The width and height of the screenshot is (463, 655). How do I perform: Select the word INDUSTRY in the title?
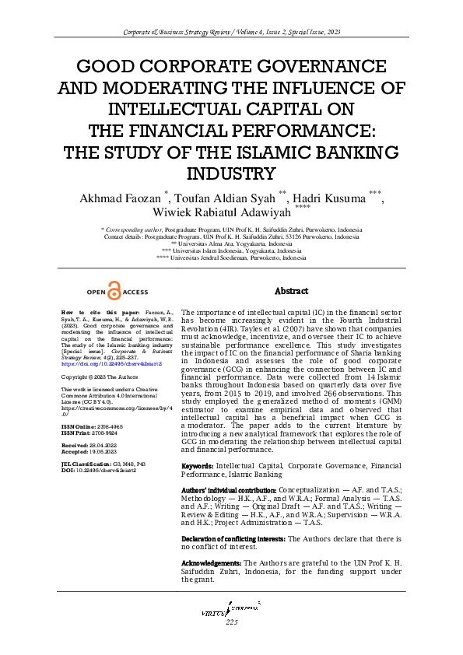(231, 173)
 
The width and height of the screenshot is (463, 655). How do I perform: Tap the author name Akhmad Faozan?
(127, 197)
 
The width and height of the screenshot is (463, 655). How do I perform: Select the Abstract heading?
(292, 291)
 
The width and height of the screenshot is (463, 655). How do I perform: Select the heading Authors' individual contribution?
(228, 491)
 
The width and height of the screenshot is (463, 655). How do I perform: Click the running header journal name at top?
(231, 33)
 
